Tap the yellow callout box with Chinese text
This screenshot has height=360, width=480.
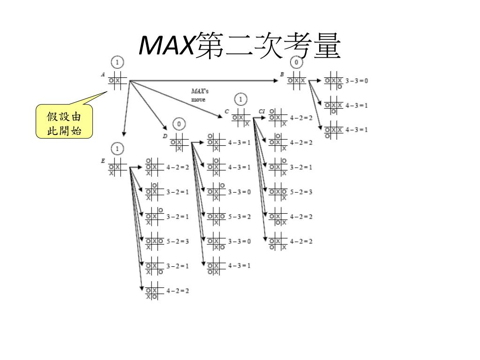(x=64, y=123)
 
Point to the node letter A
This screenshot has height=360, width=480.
(x=103, y=74)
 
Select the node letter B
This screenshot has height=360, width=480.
(x=282, y=74)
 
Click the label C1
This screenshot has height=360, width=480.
(x=262, y=111)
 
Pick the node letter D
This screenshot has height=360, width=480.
(x=165, y=136)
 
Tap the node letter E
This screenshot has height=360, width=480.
(x=103, y=161)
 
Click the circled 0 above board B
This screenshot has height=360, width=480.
(x=297, y=62)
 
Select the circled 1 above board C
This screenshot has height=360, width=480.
(x=240, y=99)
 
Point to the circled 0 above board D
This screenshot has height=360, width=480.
(x=179, y=124)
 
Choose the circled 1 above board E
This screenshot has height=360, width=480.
(x=117, y=149)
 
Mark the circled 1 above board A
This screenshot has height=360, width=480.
(x=117, y=62)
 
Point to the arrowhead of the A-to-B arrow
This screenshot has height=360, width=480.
(x=276, y=81)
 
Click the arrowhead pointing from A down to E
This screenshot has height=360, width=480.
(x=123, y=133)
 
